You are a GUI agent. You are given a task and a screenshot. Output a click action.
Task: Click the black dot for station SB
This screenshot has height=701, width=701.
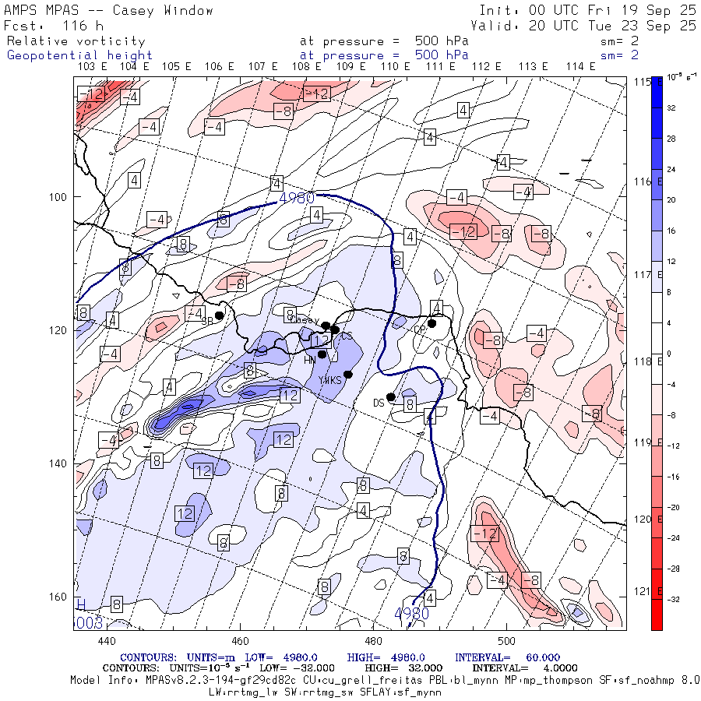220,315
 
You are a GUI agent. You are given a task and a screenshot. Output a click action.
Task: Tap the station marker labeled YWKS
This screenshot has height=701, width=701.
348,375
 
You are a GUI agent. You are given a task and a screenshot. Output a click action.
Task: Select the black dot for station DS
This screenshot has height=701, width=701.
391,397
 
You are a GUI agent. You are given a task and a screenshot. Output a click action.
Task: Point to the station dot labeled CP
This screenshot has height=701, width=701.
432,323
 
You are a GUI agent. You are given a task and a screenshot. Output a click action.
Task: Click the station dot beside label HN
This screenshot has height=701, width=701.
322,354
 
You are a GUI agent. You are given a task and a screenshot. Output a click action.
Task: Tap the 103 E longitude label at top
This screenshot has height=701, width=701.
93,66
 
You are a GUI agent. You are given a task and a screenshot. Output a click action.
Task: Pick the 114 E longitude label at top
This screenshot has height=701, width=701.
581,66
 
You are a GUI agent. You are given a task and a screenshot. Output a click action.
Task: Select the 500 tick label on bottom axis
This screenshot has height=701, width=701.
506,641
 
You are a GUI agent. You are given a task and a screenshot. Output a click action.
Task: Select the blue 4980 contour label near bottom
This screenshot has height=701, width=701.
411,614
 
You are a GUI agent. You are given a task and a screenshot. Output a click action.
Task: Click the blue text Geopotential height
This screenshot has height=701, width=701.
79,55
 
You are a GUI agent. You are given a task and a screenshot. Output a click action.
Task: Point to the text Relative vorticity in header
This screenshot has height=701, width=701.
76,41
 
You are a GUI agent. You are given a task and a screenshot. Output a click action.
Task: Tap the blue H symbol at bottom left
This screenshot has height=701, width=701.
81,605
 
